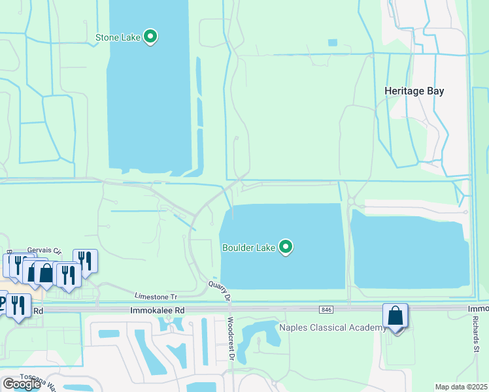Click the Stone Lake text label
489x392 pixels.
[x=118, y=37]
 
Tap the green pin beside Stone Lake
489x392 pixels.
[x=150, y=37]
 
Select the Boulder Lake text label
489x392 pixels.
[x=248, y=248]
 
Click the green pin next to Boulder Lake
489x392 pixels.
[x=285, y=247]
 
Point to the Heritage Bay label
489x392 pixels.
[x=414, y=91]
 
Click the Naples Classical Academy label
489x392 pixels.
[x=333, y=327]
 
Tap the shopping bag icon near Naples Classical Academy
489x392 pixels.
[x=396, y=316]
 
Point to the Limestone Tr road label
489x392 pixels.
[x=156, y=296]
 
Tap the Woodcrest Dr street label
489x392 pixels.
[x=231, y=338]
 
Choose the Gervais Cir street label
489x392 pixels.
[x=44, y=251]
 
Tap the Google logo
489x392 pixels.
[x=22, y=384]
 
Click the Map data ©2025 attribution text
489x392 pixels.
[x=462, y=387]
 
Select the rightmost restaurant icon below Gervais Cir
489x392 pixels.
[x=85, y=261]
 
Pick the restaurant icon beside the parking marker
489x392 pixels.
[x=18, y=305]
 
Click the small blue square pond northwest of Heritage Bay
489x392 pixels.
[x=333, y=42]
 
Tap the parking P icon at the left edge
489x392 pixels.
[x=2, y=302]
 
